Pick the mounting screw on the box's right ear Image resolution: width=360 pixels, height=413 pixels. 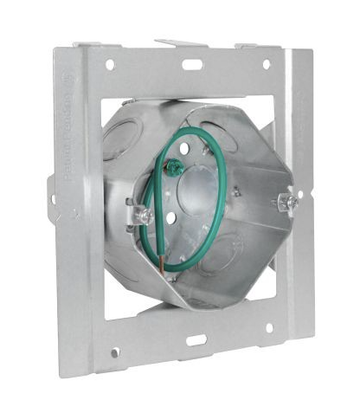pyautogui.click(x=292, y=202)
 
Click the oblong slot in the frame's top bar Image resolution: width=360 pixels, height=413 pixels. pyautogui.click(x=192, y=64)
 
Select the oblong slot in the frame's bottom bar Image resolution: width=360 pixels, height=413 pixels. pyautogui.click(x=196, y=340)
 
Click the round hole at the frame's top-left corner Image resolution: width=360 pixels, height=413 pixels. pyautogui.click(x=110, y=64)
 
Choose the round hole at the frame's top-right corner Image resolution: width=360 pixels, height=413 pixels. pyautogui.click(x=266, y=64)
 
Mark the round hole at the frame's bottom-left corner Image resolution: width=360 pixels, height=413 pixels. pyautogui.click(x=115, y=352)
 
